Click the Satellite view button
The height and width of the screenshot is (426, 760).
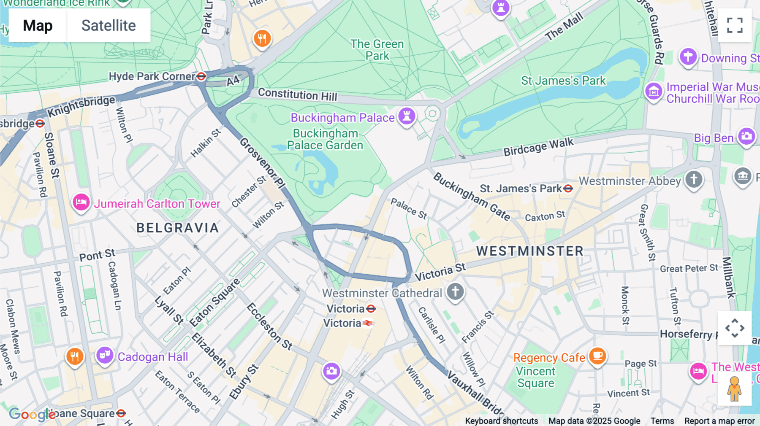109,25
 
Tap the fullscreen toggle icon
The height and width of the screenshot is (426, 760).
735,25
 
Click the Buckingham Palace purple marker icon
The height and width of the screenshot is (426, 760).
407,116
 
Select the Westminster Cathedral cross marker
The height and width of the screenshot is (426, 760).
455,291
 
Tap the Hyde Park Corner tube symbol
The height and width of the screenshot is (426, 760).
201,76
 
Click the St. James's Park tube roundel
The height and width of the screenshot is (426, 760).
568,189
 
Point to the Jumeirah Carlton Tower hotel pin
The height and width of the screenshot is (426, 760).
81,202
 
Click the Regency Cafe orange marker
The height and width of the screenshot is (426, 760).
597,356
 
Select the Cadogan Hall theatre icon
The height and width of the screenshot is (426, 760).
105,355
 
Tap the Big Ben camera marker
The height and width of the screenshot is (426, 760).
746,136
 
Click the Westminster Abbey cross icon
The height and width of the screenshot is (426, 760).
694,179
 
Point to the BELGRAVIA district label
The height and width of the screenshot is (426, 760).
178,228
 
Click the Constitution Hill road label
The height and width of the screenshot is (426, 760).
297,94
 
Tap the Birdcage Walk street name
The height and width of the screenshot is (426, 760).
538,147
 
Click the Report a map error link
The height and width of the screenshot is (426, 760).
719,421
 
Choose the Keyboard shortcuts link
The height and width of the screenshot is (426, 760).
501,421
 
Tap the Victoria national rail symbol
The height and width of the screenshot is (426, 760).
367,324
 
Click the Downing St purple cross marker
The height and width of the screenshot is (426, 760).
688,57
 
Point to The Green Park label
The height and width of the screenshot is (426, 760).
377,50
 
